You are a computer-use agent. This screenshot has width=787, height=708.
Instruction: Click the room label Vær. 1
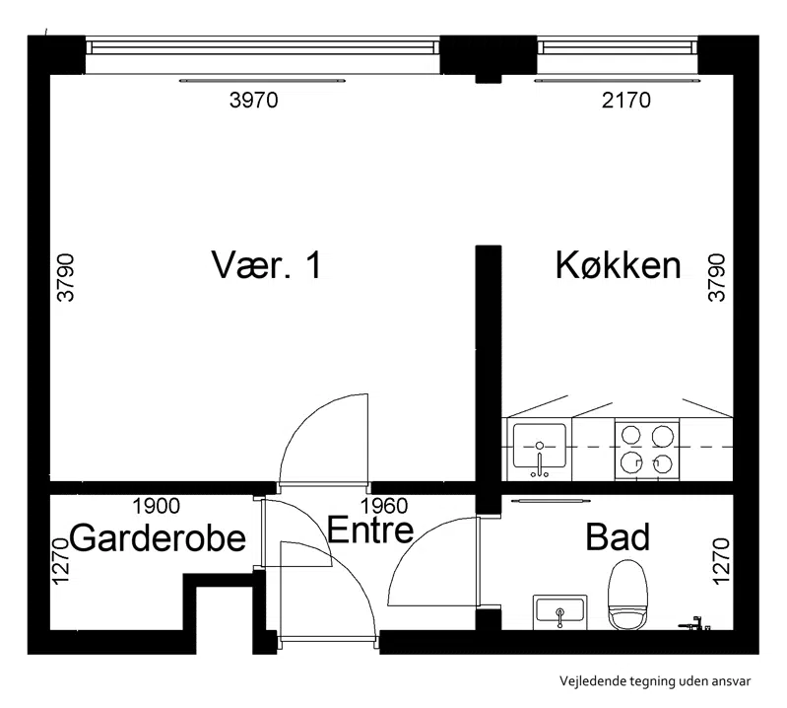coord(266,265)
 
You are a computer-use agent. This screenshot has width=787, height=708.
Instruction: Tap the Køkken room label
coord(618,264)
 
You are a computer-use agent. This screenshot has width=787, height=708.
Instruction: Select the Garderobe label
coord(158,537)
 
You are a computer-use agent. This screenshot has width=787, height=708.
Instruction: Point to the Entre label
coord(370,530)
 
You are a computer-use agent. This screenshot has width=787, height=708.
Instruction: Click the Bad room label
coord(618,537)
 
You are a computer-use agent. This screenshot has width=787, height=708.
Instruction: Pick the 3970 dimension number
coord(253,100)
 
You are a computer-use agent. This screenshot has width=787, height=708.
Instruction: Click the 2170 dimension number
coord(625,100)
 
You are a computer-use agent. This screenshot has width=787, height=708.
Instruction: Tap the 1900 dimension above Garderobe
coord(156,506)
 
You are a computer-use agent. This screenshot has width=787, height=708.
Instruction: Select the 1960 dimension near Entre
coord(384,506)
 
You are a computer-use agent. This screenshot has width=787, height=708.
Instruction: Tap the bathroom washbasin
coord(559,611)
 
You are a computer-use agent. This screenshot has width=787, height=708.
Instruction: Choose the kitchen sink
coord(540,449)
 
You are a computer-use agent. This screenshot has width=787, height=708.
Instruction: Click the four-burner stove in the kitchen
coord(647,449)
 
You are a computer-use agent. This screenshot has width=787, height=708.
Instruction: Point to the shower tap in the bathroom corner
coord(694,623)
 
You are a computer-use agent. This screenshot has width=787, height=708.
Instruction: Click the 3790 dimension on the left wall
coord(66,277)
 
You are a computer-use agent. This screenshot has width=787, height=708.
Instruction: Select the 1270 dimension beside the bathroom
coord(720,561)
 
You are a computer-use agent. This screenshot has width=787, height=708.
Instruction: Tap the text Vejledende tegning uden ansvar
coord(655,681)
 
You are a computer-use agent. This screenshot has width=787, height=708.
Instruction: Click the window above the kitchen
coord(618,47)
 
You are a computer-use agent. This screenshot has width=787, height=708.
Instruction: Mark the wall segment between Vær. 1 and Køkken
coord(489,363)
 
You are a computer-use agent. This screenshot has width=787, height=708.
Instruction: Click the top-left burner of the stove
coord(631,434)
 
